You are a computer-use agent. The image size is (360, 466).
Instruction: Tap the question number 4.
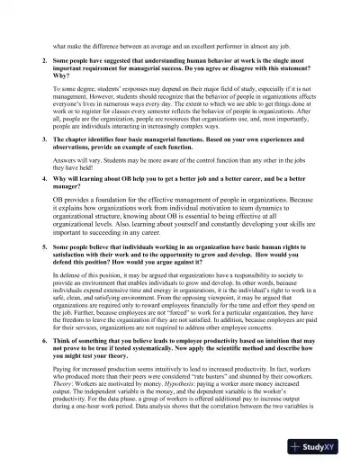(x=45, y=179)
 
